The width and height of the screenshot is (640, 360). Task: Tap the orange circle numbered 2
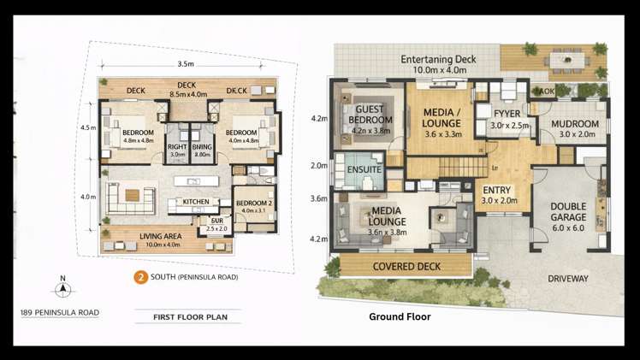139,277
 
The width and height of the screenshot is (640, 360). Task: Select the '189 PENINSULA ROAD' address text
59,313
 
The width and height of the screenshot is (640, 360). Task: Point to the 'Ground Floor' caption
400,317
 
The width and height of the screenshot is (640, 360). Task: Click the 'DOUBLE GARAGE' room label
567,210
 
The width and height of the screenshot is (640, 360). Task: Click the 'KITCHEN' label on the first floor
196,202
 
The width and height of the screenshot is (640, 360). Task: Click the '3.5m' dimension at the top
185,64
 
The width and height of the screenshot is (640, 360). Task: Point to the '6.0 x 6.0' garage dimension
567,228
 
